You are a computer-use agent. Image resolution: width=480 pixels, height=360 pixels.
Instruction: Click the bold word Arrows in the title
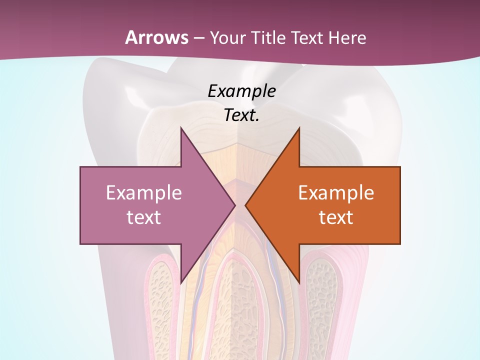156,37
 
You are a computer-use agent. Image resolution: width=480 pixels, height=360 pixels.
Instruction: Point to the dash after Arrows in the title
199,38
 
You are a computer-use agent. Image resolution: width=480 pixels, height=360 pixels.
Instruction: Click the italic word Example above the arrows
241,91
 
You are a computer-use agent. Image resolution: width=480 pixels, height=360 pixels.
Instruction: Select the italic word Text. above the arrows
241,115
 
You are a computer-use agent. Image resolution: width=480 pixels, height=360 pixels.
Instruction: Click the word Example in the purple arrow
144,192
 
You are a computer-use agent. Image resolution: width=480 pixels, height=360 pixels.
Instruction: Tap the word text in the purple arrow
144,217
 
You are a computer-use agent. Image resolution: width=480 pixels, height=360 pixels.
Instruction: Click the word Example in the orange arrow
336,192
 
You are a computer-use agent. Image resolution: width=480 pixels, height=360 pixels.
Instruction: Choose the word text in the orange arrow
336,217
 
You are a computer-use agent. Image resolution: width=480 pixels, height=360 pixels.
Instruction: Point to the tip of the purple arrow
235,205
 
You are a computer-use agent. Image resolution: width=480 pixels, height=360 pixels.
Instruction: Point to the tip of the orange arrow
245,205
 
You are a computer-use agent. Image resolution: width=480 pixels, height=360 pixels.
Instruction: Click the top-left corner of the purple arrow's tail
81,167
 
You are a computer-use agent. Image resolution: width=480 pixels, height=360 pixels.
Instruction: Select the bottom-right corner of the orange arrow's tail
399,243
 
